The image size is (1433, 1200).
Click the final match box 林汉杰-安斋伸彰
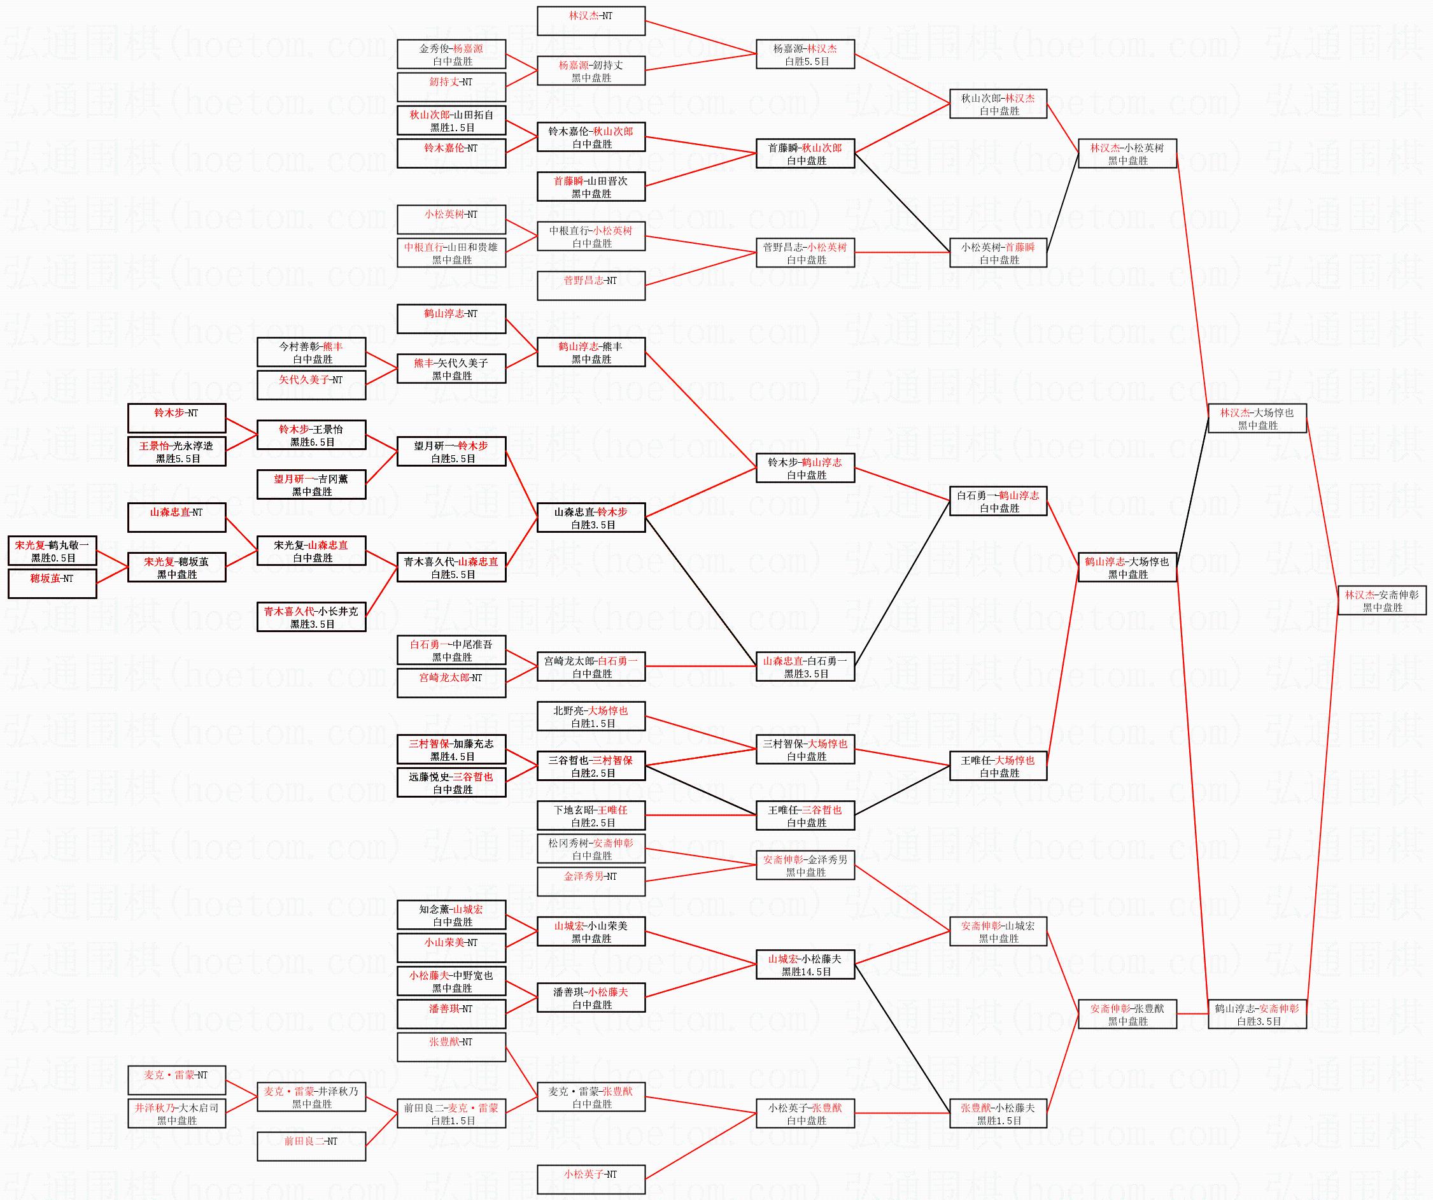tap(1381, 600)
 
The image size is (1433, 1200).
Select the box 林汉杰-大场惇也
tap(1257, 418)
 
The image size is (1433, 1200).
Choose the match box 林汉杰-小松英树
tap(1127, 153)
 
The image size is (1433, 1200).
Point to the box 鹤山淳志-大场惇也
tap(1127, 567)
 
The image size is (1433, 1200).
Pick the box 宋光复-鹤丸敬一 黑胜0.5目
tap(53, 551)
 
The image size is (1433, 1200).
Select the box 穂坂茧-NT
tap(53, 584)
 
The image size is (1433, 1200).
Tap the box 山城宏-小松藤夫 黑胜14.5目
tap(805, 964)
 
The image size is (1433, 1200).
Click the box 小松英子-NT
tap(591, 1180)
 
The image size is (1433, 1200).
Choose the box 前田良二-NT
tap(311, 1146)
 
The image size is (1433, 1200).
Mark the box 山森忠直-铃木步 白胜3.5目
tap(591, 518)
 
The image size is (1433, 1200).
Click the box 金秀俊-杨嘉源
tap(451, 54)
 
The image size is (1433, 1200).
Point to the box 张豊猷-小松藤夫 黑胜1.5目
tap(998, 1113)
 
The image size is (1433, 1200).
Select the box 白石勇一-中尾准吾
tap(451, 650)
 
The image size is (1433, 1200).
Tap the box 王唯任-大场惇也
tap(998, 765)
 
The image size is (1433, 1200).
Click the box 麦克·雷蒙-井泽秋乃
tap(311, 1097)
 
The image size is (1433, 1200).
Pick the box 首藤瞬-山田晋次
tap(591, 187)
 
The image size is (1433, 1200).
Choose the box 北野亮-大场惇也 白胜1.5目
tap(591, 716)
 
